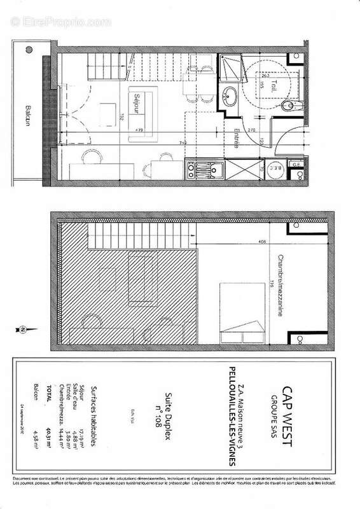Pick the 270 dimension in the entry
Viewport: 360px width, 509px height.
251,129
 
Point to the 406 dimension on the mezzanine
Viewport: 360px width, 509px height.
262,242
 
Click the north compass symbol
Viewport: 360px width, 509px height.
21,330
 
